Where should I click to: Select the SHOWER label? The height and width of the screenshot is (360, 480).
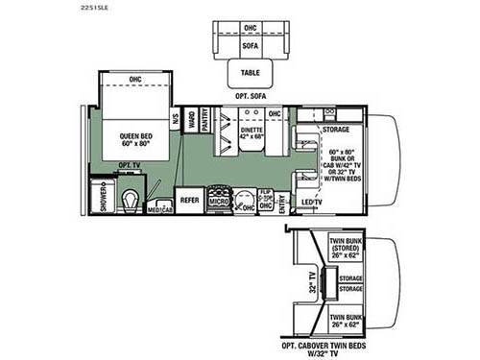pyautogui.click(x=104, y=200)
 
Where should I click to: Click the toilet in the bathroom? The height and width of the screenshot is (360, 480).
pyautogui.click(x=131, y=199)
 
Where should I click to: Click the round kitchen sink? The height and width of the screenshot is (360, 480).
pyautogui.click(x=248, y=191)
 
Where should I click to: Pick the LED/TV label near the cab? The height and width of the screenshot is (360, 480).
pyautogui.click(x=312, y=202)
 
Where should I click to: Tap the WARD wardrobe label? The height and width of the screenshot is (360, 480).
pyautogui.click(x=190, y=119)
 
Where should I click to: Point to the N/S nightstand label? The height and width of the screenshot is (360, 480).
pyautogui.click(x=176, y=120)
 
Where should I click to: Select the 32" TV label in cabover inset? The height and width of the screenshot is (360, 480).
pyautogui.click(x=310, y=284)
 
